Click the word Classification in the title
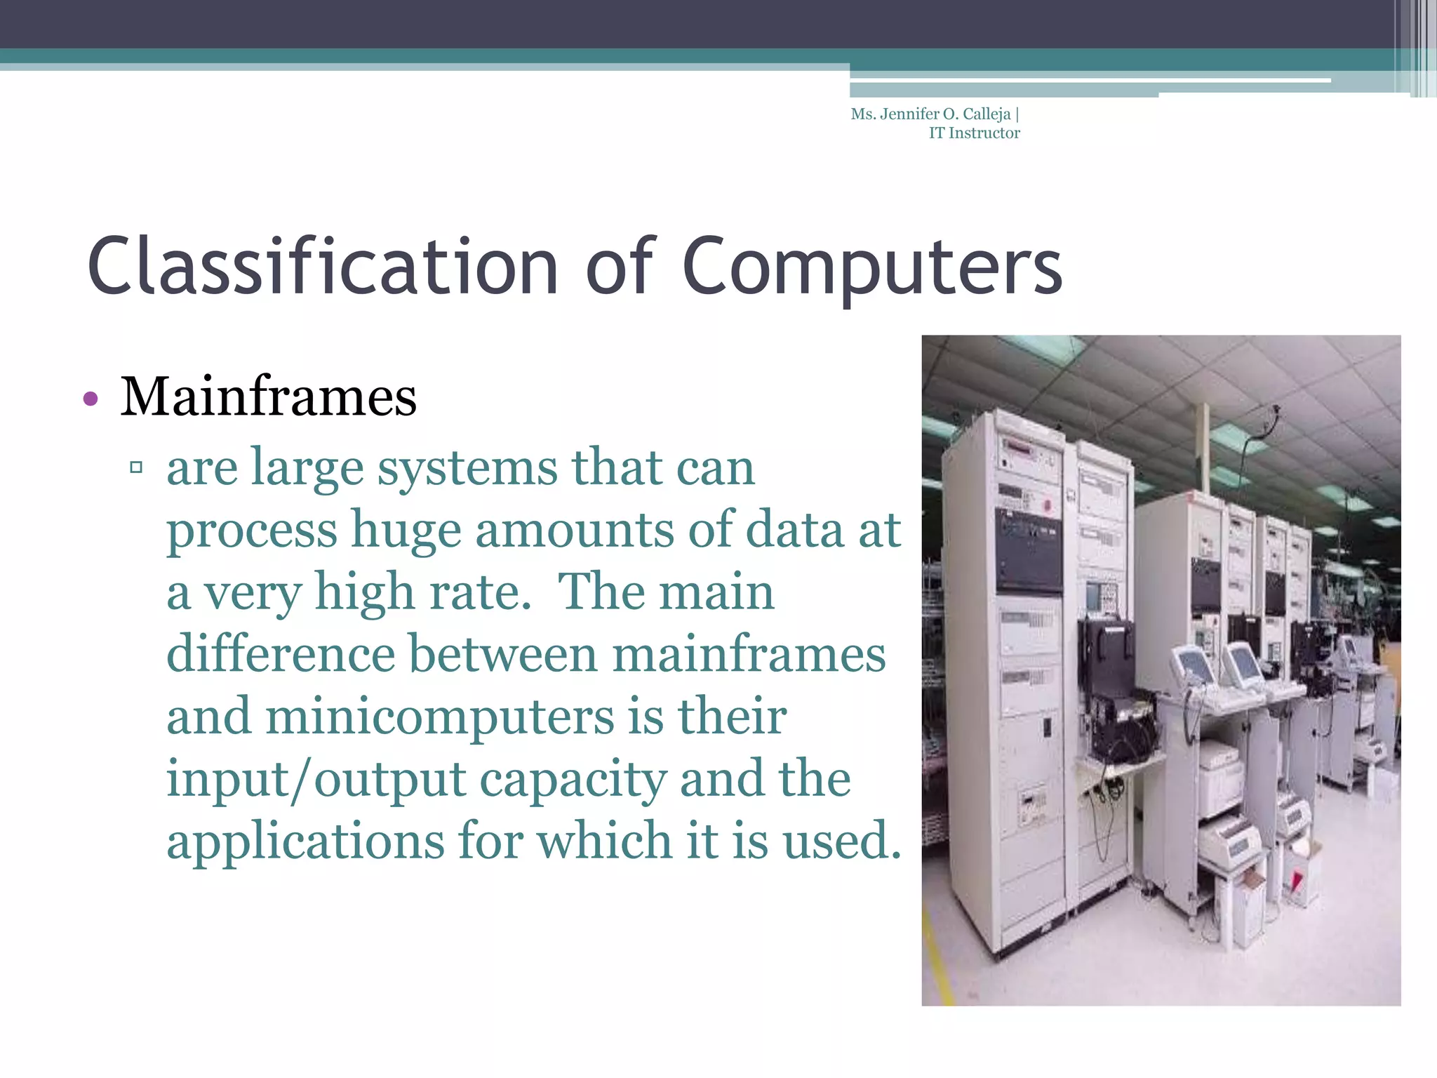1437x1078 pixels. (323, 267)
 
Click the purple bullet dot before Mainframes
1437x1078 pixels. (90, 399)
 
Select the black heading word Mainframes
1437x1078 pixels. (269, 397)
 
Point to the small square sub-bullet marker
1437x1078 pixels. (136, 467)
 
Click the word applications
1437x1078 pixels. (305, 841)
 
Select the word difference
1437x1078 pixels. (280, 654)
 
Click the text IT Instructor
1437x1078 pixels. (974, 133)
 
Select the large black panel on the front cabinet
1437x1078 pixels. (1029, 551)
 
